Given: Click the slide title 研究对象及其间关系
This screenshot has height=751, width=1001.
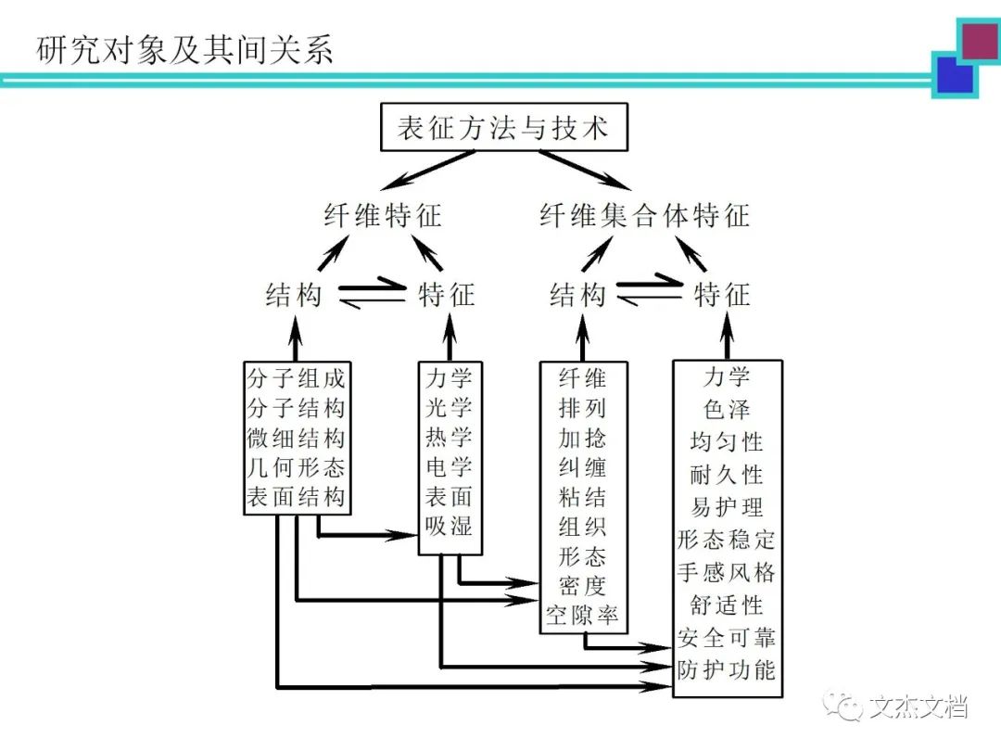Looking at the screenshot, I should tap(184, 49).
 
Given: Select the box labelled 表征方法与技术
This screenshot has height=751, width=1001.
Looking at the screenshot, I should tap(503, 127).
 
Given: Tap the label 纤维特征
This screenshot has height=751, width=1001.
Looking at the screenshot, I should tap(383, 216).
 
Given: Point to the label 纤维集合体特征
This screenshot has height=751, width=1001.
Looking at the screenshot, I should tap(644, 216).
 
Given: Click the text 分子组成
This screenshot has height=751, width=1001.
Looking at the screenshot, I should tap(296, 378).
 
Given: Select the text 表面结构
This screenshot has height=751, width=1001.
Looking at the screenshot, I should tap(296, 497).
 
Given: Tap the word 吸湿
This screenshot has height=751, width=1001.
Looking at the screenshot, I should tap(450, 527).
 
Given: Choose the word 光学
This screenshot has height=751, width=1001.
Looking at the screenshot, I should tap(450, 408).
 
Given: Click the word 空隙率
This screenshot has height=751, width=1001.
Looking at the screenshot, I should tap(583, 616).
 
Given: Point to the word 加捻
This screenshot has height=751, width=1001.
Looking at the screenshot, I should tap(583, 437).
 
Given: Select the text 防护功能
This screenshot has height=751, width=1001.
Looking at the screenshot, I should tap(727, 668).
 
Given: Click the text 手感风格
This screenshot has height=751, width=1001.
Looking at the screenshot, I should tap(727, 572).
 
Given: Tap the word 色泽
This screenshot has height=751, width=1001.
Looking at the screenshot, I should tap(727, 409).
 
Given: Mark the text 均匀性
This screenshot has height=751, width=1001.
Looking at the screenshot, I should tap(727, 441).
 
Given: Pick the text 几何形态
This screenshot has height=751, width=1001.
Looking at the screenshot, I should tap(296, 467).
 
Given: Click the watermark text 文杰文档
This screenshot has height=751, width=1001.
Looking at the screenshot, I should tap(919, 709).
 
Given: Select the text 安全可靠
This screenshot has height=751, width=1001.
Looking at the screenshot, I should tap(727, 637).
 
